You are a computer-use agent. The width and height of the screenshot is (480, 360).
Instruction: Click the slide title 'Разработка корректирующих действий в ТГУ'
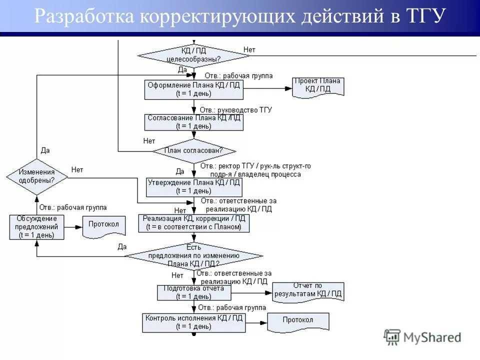click(239, 16)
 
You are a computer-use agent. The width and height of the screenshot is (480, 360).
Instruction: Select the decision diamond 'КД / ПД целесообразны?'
click(193, 54)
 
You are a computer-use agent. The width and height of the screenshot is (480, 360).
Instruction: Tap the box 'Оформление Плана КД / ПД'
click(193, 89)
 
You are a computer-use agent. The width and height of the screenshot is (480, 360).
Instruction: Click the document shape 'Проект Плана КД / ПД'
click(318, 86)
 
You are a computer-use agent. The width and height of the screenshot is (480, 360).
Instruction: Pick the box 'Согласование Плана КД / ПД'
click(193, 122)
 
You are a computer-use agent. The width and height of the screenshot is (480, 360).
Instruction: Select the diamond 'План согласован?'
click(193, 150)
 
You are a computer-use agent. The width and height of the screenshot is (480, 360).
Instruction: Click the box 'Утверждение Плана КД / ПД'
click(193, 186)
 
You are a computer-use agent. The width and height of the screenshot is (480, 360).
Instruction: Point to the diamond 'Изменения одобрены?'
click(36, 175)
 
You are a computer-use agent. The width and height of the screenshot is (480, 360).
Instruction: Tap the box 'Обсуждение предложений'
click(36, 227)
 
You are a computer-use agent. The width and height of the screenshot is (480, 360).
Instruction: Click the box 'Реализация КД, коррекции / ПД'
click(193, 223)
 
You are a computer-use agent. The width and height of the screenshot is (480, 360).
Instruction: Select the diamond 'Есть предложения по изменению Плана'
click(193, 255)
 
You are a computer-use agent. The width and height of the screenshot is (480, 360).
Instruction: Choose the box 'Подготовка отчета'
click(193, 292)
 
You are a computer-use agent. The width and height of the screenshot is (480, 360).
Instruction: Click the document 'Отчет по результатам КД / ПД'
click(308, 291)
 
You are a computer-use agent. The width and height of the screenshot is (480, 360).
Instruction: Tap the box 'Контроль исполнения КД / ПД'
click(193, 322)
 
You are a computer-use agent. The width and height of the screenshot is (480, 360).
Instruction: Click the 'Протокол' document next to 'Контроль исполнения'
click(298, 321)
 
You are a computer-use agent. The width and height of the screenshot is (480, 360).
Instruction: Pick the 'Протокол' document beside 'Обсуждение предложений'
click(103, 225)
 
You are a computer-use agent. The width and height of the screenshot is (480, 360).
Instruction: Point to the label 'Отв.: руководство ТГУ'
click(235, 109)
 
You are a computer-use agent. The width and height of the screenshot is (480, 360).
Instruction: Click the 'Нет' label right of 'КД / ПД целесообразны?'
click(249, 49)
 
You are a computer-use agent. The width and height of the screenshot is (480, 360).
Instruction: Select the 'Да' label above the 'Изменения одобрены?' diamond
click(45, 150)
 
